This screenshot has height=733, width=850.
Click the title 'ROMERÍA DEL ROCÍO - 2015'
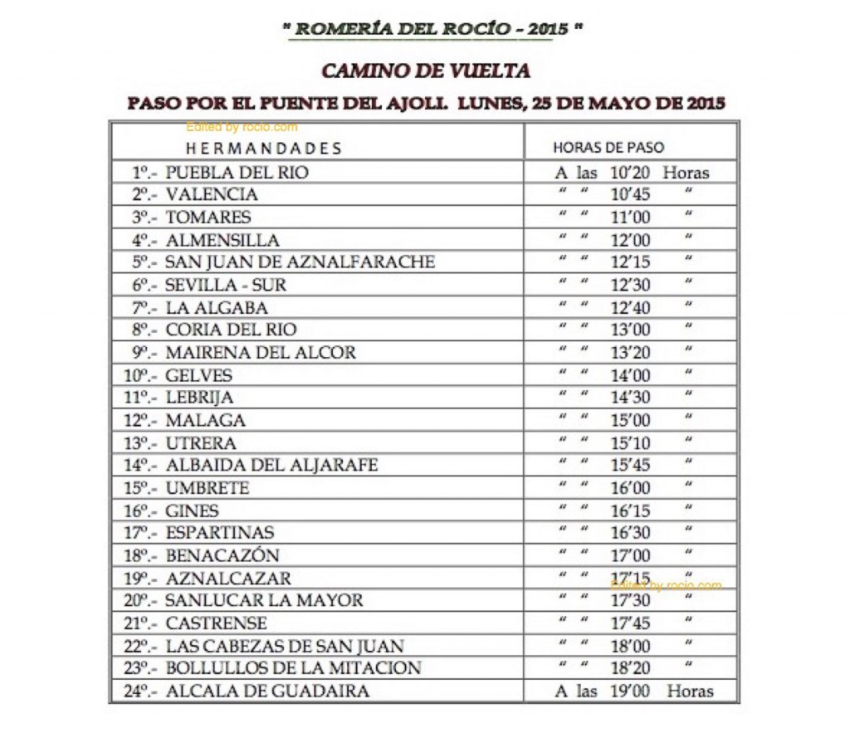coord(432,29)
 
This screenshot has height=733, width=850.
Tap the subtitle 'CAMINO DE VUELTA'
coord(425,71)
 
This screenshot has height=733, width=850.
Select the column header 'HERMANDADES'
coord(263,149)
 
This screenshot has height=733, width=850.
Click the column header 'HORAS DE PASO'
coord(608,148)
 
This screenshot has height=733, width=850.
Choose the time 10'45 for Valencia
coord(631,195)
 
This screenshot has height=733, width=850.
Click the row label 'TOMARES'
coord(208,217)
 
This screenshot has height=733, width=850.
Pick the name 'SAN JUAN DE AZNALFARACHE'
coord(300,262)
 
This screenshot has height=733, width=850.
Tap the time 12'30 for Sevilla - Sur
coord(631,285)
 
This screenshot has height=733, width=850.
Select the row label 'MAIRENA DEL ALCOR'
coord(261,352)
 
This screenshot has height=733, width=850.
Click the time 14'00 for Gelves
coord(631,375)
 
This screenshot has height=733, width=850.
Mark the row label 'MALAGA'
coord(206,420)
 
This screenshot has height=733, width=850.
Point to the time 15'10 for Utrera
coord(631,443)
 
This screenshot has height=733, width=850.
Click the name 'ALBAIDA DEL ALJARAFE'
coord(271,466)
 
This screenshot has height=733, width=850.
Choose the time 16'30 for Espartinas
coord(631,533)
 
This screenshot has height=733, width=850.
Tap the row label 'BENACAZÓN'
coord(222,555)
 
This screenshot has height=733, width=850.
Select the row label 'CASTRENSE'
coord(217,623)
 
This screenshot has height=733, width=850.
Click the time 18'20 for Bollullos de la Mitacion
coord(631,668)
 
